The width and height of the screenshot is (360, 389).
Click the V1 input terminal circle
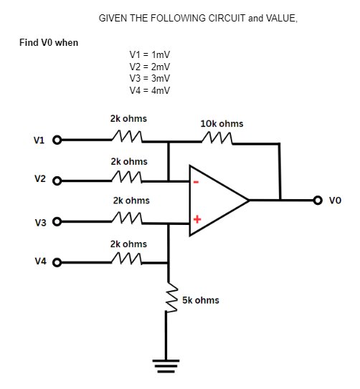coord(57,140)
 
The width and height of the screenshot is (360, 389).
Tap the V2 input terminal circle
coord(57,181)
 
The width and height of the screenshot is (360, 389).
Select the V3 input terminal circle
coord(57,222)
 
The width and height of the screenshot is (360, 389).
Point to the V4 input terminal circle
coord(57,262)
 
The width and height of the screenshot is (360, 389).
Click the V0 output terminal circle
coord(319,201)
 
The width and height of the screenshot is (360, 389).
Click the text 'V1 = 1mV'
coord(149,55)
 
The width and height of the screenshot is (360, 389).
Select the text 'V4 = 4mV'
coord(149,90)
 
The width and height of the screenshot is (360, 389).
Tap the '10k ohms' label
coord(222,123)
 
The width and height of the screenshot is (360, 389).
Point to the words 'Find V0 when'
coord(49,42)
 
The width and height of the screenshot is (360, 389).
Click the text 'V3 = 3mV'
coord(149,78)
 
